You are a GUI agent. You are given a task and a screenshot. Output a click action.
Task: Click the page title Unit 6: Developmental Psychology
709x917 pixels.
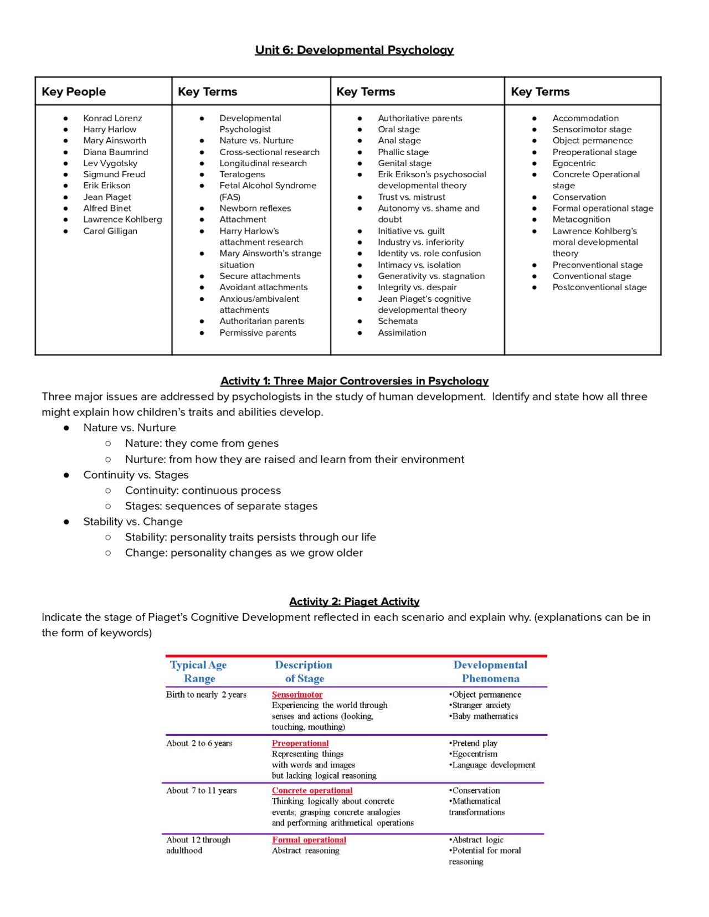354,50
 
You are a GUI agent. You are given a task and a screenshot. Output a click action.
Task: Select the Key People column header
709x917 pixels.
74,91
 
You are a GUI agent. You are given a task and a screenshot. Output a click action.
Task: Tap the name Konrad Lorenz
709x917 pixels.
112,118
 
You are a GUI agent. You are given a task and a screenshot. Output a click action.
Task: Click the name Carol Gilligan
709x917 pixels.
110,231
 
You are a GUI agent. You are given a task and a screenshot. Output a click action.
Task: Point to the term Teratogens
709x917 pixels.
242,174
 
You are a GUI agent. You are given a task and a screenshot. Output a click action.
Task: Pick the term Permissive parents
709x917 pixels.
258,333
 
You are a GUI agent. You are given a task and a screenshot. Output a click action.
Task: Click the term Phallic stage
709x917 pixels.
403,152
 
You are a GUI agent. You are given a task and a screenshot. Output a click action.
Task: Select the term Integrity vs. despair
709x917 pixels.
417,287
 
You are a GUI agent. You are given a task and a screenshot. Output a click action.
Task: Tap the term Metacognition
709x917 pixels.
581,219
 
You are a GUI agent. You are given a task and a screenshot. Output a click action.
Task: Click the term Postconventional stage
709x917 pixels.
599,287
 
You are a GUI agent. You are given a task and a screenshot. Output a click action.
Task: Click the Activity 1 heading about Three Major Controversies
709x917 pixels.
354,381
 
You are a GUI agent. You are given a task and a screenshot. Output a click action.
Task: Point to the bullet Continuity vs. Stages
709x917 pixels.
136,475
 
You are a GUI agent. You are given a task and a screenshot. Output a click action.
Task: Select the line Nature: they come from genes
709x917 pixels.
202,444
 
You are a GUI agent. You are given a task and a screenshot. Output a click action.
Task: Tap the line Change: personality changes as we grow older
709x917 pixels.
244,553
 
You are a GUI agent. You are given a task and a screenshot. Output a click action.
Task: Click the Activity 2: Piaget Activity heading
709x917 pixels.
354,601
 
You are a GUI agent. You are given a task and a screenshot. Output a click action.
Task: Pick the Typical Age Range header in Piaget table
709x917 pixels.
198,672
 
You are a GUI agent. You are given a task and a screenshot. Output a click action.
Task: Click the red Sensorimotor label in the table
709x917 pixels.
297,694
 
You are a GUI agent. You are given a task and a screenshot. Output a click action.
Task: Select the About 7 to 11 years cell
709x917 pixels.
201,791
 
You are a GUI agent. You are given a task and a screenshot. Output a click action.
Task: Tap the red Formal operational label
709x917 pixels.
309,840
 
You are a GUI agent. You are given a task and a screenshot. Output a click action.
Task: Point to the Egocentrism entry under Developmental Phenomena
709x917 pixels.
475,754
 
